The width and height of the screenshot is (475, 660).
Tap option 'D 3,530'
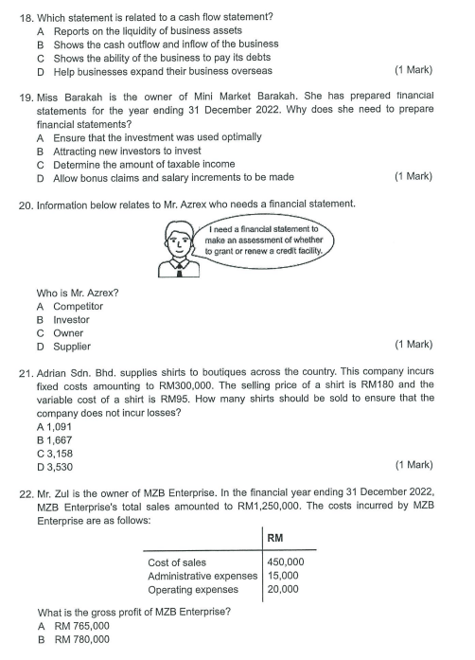coord(55,466)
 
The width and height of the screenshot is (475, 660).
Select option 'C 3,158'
coord(55,453)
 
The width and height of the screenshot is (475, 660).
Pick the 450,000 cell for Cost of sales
coord(286,562)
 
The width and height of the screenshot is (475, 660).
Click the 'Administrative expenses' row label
coord(202,575)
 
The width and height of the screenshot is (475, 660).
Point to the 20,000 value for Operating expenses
coord(283,588)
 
